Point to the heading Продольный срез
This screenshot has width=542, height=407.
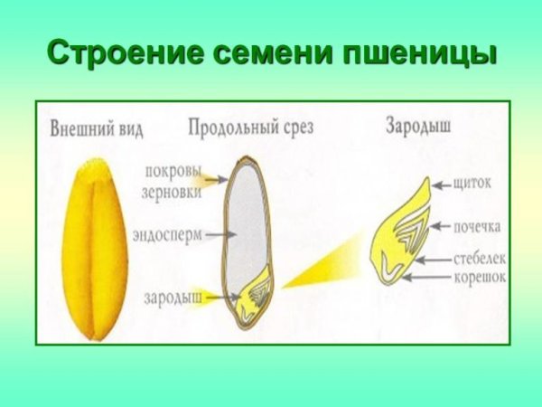(x=251, y=127)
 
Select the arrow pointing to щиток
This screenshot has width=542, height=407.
(x=441, y=185)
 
